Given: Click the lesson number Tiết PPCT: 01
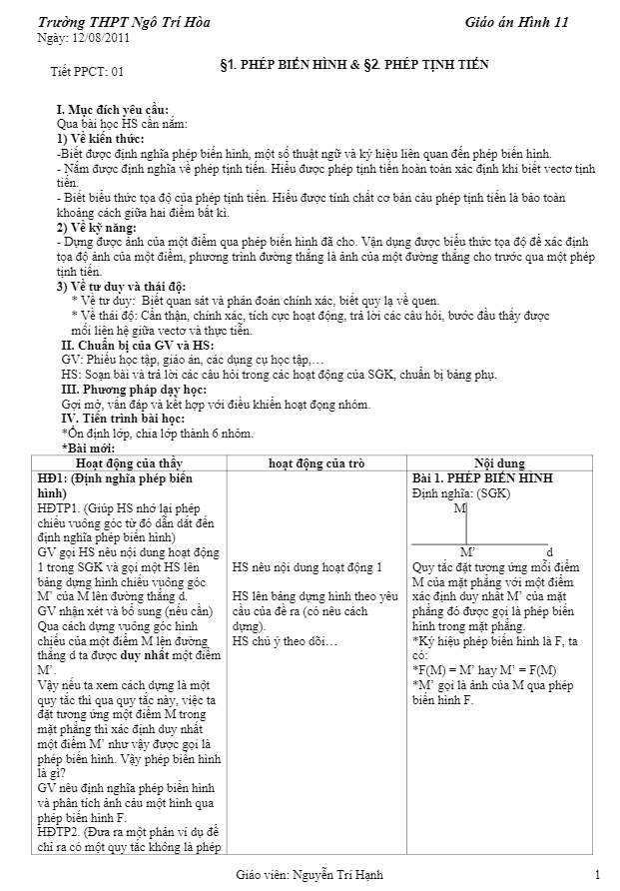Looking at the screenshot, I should (x=87, y=71).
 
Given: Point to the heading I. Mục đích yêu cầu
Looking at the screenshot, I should (x=112, y=109).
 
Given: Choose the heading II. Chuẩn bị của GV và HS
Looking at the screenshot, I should (x=137, y=345).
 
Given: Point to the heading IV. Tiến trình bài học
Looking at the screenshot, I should (x=128, y=418).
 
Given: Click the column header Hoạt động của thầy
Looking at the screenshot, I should (x=129, y=463).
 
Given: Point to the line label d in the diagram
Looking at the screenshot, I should (x=549, y=551).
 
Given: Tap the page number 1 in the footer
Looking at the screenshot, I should (x=596, y=876).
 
